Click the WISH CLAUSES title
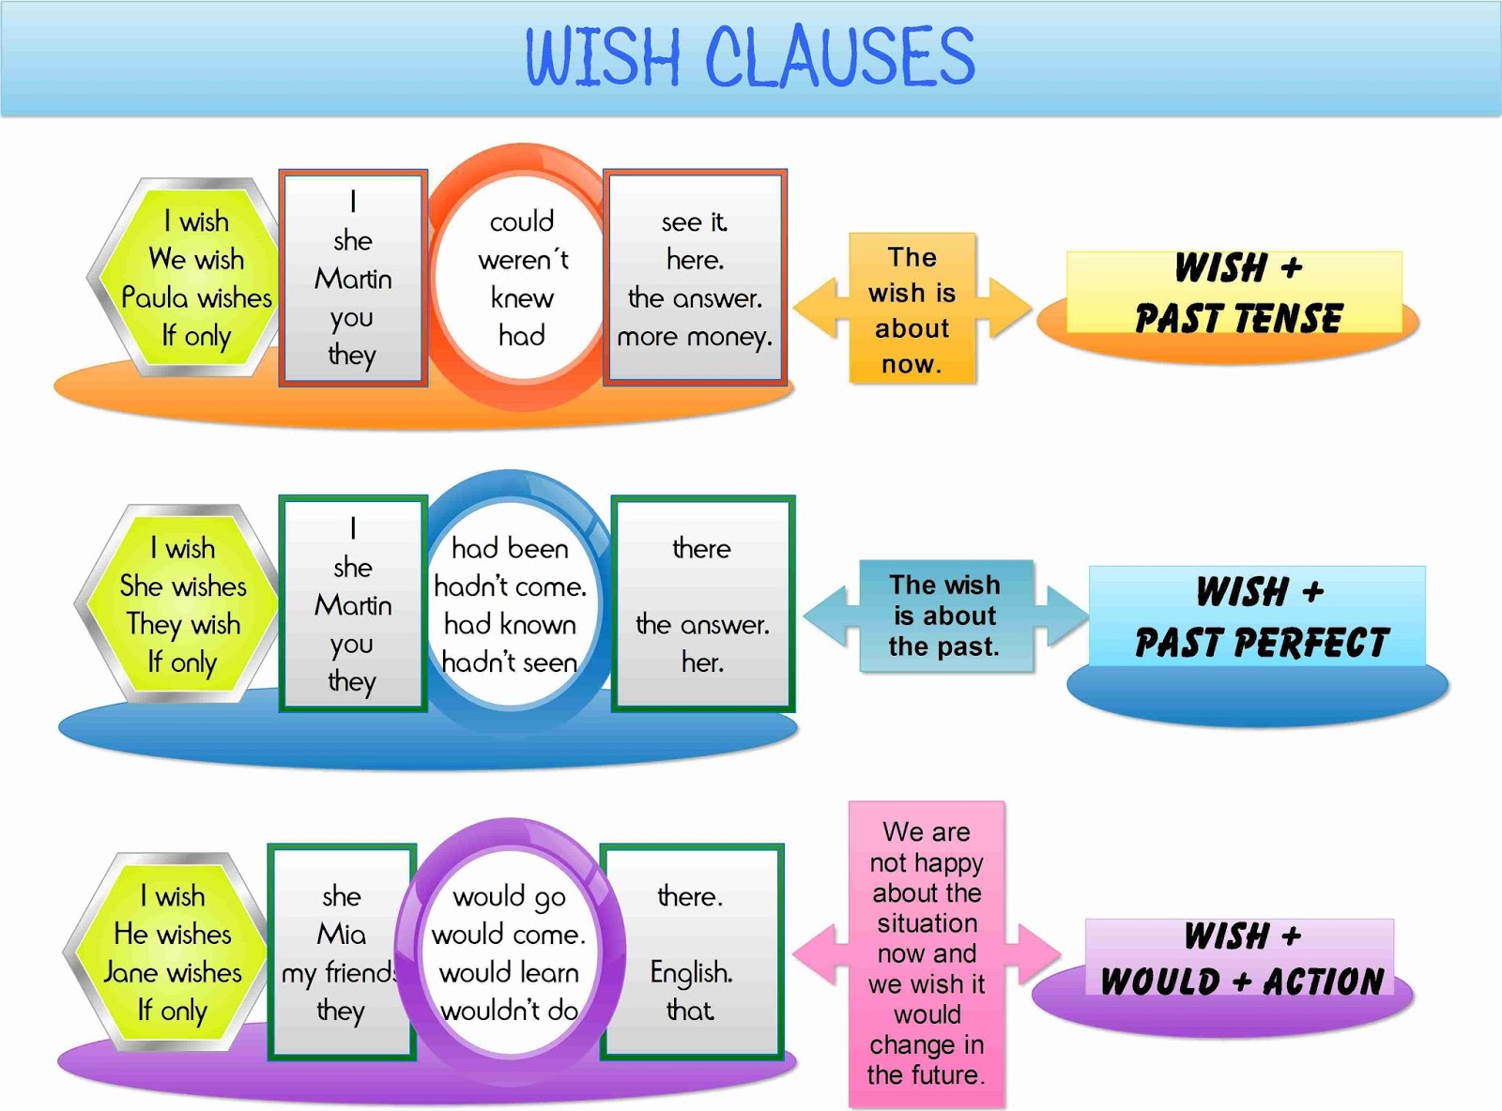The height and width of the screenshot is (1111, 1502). point(750,56)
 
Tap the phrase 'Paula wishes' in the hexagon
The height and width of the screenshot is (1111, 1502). point(196,298)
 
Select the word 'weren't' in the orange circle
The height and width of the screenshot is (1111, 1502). point(523,260)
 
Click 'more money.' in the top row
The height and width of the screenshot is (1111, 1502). point(695,337)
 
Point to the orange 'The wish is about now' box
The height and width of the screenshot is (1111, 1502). point(912,310)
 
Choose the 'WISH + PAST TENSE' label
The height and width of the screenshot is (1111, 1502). point(1237,294)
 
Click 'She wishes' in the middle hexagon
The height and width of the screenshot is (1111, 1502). point(183,586)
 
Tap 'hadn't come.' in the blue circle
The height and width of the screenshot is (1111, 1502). point(510,587)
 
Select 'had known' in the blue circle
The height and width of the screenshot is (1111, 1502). point(510,625)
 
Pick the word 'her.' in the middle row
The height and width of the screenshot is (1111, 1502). point(702,662)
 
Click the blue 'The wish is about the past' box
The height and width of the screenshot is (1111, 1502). point(944,616)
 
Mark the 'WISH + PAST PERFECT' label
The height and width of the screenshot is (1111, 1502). point(1260,617)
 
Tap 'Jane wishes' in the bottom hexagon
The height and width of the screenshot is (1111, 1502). point(173,973)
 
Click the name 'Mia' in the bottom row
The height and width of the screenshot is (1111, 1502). point(342,935)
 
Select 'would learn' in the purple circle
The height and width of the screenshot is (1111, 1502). point(509,973)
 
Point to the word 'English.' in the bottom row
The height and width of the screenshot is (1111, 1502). point(691,973)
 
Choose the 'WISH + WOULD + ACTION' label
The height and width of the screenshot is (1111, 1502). point(1241,959)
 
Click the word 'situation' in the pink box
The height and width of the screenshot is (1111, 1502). point(927,923)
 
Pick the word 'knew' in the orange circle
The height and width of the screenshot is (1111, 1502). point(522,298)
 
